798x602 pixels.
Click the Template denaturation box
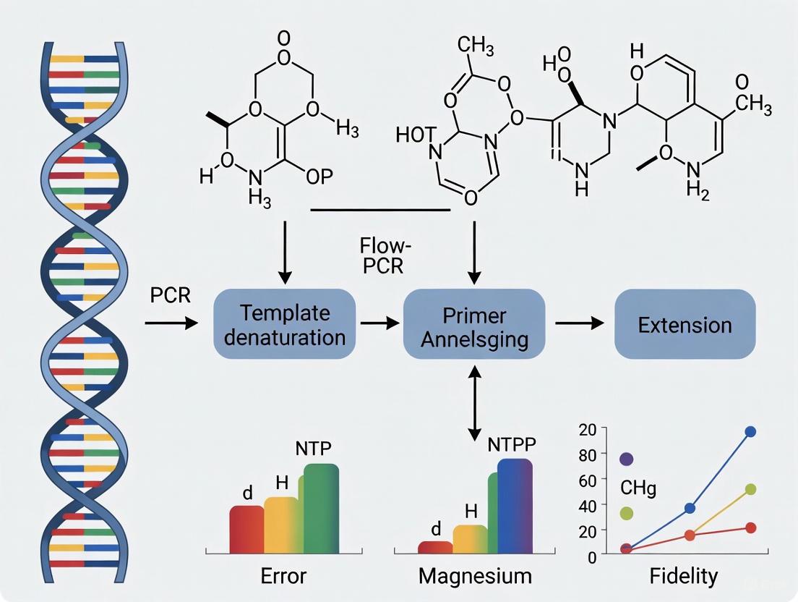pos(285,325)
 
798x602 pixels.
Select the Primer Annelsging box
pos(474,325)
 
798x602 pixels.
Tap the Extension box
pos(685,324)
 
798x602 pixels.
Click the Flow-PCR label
pos(382,254)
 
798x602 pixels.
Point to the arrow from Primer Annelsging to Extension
pos(578,324)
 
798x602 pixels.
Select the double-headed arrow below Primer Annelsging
pos(475,402)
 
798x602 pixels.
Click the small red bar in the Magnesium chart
pos(435,548)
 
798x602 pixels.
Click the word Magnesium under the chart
pos(475,576)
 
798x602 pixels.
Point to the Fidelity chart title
pos(683,575)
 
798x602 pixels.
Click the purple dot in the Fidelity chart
pos(627,459)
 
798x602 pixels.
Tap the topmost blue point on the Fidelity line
pos(750,431)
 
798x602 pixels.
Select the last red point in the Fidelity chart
pos(750,527)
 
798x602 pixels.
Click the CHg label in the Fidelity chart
pos(638,488)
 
